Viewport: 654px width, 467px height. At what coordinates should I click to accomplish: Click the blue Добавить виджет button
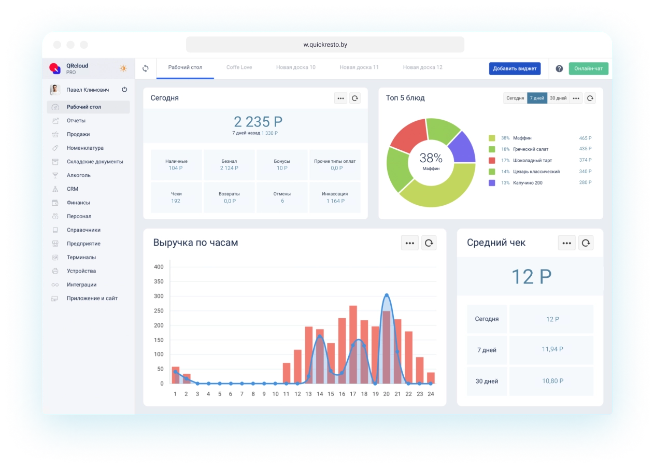515,68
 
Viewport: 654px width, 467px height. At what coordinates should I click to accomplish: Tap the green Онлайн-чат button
588,68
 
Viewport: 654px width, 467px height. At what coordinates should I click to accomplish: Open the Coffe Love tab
239,67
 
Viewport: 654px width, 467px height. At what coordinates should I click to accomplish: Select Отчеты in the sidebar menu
76,121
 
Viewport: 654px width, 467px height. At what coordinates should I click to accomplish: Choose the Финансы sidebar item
78,203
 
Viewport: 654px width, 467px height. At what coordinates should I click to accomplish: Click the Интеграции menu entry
81,285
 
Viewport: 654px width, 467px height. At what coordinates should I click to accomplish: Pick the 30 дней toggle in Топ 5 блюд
558,98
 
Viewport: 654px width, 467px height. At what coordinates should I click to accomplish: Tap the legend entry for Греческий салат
531,149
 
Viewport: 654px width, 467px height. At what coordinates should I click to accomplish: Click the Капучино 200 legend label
528,183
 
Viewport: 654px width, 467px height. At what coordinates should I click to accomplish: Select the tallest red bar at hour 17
353,342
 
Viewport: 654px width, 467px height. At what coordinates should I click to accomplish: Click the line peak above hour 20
386,295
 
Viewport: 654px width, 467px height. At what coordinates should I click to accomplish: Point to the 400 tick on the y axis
159,267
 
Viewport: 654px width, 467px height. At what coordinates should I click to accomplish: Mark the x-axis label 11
287,394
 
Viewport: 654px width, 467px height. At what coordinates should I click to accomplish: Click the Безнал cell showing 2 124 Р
229,164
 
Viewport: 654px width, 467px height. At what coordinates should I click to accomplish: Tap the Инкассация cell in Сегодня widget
335,197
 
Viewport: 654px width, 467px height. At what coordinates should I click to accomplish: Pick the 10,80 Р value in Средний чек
552,381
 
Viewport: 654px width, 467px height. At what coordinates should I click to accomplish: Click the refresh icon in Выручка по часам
429,243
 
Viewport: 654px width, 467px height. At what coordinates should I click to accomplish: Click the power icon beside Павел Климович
124,90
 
